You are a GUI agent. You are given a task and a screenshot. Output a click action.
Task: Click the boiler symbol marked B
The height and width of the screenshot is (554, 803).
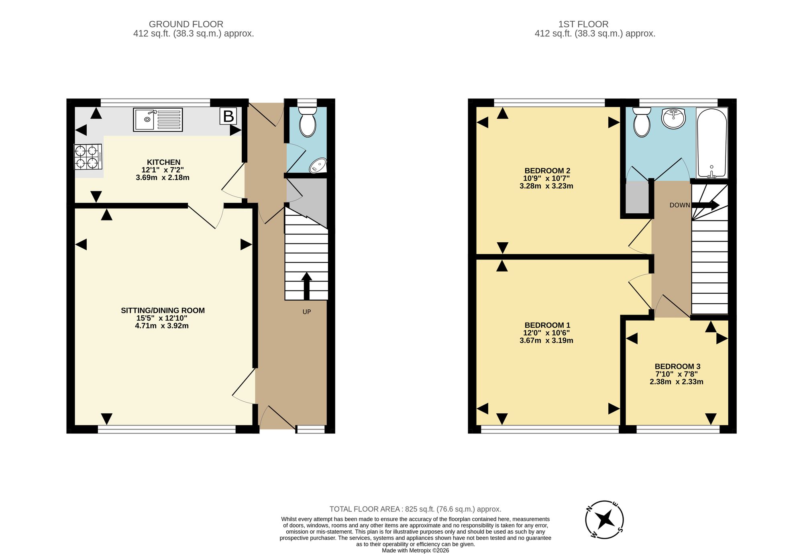(228, 116)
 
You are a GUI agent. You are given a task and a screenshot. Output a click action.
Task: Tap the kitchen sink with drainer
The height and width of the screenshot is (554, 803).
(158, 119)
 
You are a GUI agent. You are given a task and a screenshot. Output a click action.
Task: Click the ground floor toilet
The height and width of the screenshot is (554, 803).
(308, 121)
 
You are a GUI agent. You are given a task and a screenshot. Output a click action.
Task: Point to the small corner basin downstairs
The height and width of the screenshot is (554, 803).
(318, 166)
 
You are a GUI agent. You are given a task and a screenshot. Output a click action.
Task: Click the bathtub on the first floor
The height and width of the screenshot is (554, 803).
(712, 143)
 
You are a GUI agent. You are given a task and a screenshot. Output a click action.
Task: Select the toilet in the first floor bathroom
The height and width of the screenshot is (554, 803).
(642, 122)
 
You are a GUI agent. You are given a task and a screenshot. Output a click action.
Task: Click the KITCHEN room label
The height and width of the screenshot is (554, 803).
(163, 162)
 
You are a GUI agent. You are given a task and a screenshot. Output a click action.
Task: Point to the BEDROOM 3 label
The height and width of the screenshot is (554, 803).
(677, 366)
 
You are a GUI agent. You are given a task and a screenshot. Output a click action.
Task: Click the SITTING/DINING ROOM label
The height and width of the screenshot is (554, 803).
(163, 311)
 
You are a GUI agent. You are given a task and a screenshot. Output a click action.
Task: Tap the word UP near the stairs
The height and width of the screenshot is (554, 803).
(307, 312)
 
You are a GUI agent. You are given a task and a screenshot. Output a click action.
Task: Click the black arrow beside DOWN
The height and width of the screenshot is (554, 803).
(705, 205)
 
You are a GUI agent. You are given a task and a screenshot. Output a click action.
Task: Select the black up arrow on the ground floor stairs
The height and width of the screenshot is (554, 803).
(307, 286)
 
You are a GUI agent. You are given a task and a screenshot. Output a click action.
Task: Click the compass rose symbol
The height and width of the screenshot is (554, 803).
(604, 519)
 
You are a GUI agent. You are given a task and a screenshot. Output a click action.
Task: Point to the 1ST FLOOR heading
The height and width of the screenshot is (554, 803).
(583, 24)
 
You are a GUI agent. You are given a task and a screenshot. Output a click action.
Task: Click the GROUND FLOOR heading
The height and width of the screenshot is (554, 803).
(186, 24)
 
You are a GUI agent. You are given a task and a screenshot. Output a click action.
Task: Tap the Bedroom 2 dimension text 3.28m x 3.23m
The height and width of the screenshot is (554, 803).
(546, 186)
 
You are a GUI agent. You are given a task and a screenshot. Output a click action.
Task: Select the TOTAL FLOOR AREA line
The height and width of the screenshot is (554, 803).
(416, 509)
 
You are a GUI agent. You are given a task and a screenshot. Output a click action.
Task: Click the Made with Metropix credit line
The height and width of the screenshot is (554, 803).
(416, 550)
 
